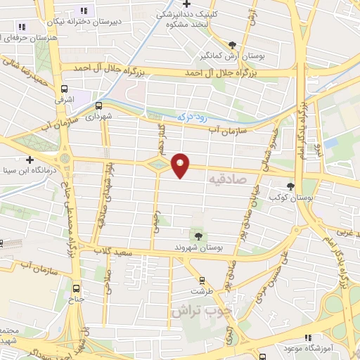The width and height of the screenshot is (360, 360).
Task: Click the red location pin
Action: click(181, 164)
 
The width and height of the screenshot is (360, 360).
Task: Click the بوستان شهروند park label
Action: click(198, 248)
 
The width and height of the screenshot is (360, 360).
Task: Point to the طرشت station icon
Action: click(202, 280)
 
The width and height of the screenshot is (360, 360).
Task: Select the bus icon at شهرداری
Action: click(98, 106)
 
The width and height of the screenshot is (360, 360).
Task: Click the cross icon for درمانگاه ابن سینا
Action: click(30, 160)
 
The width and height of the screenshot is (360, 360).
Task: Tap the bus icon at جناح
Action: click(77, 288)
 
